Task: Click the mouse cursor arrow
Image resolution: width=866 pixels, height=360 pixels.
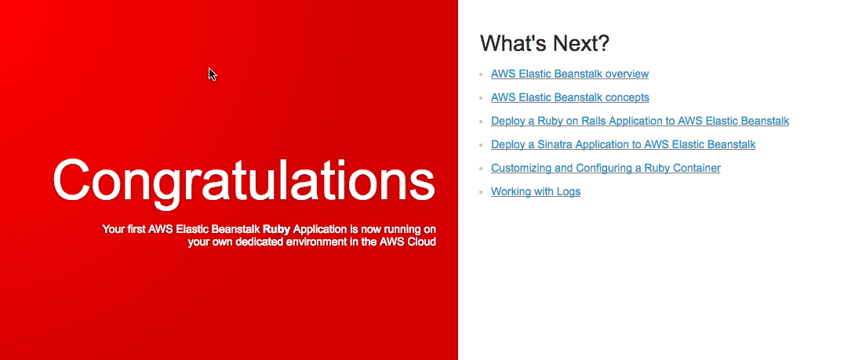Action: click(212, 75)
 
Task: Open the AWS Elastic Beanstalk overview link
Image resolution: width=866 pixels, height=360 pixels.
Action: click(569, 74)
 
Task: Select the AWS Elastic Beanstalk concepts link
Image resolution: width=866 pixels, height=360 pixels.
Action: click(570, 97)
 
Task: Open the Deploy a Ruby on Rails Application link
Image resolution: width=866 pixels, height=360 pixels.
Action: click(639, 121)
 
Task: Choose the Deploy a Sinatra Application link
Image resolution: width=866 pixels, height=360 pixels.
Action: click(623, 144)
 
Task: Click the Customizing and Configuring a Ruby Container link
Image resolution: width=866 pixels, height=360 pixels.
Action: click(606, 168)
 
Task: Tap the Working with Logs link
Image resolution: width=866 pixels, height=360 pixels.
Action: click(535, 191)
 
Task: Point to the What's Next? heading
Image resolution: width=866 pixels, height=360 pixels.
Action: click(544, 43)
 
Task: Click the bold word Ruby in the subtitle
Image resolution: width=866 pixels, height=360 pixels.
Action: click(276, 228)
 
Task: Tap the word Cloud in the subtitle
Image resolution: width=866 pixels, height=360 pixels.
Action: click(421, 242)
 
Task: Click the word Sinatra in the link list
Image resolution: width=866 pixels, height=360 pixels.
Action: click(555, 144)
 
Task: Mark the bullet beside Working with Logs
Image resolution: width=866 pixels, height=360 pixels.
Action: click(481, 192)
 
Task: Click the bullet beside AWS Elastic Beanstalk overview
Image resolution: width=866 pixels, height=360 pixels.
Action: click(481, 75)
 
